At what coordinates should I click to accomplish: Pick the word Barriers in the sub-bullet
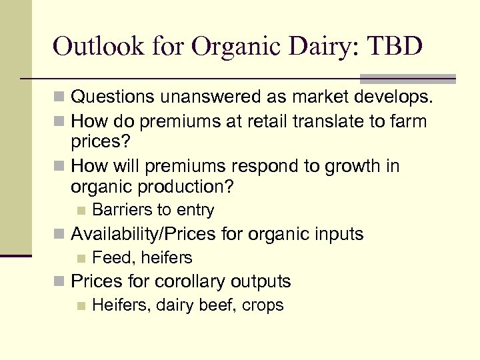121,210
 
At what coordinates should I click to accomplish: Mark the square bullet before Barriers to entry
81,211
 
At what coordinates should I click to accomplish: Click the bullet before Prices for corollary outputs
60,282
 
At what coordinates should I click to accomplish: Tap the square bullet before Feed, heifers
81,258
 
